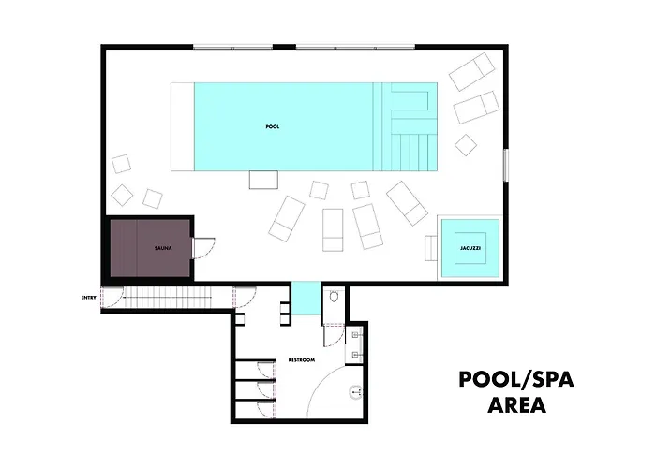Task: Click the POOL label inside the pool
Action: click(273, 126)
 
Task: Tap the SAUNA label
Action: click(162, 248)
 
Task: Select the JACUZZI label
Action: click(470, 249)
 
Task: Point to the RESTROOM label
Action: click(301, 360)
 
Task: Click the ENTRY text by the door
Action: click(90, 298)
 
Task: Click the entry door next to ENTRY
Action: click(112, 300)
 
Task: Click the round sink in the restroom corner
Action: click(355, 392)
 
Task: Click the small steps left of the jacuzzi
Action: click(431, 248)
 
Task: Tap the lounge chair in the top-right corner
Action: click(470, 72)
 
